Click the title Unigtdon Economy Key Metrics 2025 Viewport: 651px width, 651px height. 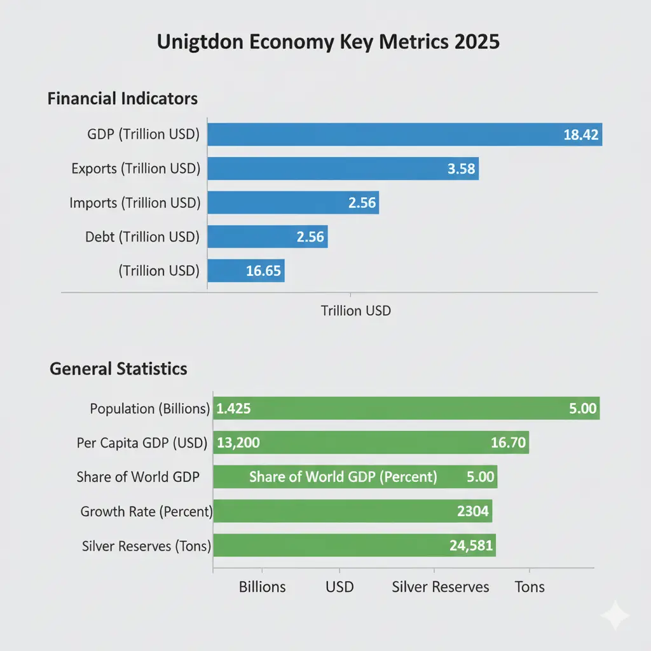328,43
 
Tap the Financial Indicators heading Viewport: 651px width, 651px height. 123,99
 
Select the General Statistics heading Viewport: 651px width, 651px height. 118,369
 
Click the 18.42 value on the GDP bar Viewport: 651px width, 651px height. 581,134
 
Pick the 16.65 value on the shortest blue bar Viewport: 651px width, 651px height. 263,271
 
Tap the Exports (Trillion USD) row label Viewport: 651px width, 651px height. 136,168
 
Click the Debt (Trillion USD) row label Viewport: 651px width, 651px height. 142,237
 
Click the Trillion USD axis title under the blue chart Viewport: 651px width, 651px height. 356,311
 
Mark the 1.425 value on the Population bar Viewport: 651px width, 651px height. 234,408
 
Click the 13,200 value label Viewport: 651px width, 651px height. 238,442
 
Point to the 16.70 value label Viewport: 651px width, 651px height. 509,442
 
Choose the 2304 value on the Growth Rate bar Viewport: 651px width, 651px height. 473,511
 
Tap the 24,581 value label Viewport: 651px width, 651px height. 471,545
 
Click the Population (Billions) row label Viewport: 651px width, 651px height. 150,408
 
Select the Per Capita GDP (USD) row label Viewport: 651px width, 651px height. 142,442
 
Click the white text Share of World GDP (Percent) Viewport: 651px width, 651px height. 343,477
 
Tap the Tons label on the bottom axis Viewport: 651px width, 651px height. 530,586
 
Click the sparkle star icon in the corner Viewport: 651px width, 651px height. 615,615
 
